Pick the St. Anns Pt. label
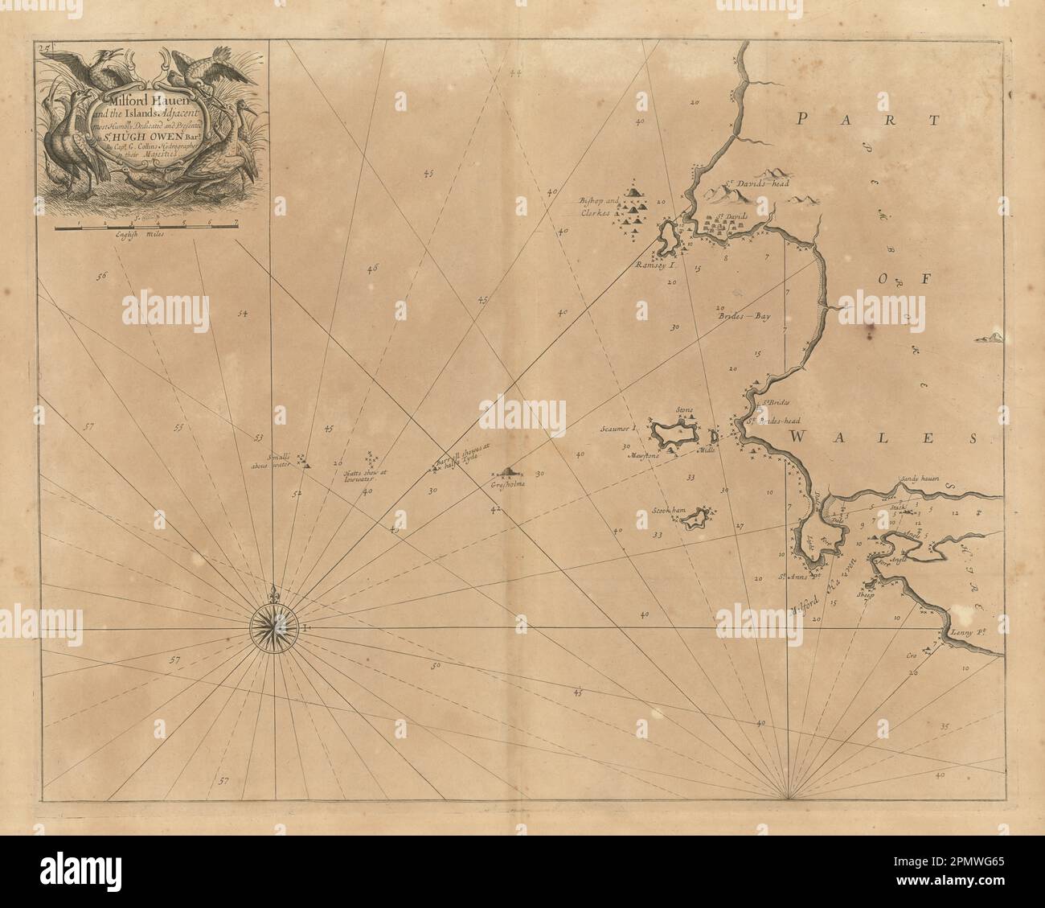tap(792, 577)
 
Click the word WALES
tap(882, 438)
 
